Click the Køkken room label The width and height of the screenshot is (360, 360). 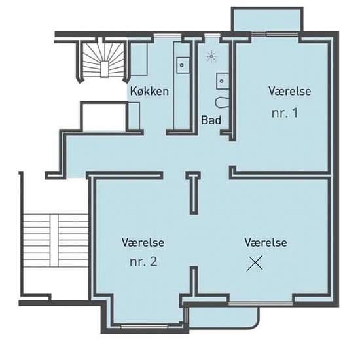(149, 91)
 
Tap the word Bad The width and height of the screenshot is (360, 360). (211, 120)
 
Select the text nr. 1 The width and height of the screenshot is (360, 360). (285, 113)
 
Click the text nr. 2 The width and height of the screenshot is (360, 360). (143, 262)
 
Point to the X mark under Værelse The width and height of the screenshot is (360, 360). (255, 263)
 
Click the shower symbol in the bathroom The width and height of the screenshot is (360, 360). (211, 56)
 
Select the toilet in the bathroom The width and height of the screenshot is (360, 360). (223, 103)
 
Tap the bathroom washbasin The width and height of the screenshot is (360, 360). (223, 81)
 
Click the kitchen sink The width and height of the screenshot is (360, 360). (183, 65)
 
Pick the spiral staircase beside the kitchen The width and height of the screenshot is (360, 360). (103, 61)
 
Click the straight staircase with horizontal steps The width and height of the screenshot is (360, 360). (56, 241)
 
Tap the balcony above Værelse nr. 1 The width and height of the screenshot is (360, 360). (267, 20)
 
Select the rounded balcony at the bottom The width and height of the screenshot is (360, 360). (222, 316)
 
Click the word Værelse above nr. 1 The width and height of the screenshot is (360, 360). (290, 91)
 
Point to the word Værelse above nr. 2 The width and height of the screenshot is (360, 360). (143, 242)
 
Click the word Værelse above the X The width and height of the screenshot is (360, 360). (266, 242)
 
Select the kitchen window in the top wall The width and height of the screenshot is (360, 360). (168, 35)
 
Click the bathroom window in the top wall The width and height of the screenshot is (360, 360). (212, 35)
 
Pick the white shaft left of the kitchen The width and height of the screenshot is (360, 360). (104, 117)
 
